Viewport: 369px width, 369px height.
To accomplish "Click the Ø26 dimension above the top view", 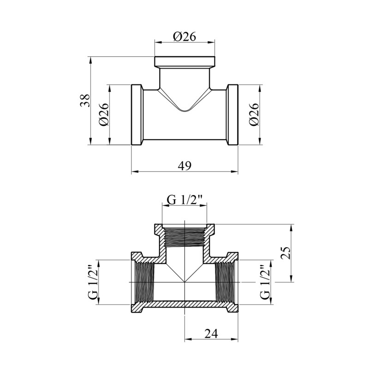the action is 184,37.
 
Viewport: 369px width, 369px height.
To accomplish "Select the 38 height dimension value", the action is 85,101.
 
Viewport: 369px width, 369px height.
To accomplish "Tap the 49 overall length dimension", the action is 184,166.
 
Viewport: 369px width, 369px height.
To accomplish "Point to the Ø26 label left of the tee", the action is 104,114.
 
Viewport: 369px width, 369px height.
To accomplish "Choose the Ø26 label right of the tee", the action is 254,114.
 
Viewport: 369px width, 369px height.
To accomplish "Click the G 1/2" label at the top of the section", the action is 185,200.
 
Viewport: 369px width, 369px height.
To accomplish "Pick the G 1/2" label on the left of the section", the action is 93,282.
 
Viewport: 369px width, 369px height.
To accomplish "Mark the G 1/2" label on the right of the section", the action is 265,282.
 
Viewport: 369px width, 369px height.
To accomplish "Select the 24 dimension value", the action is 211,333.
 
